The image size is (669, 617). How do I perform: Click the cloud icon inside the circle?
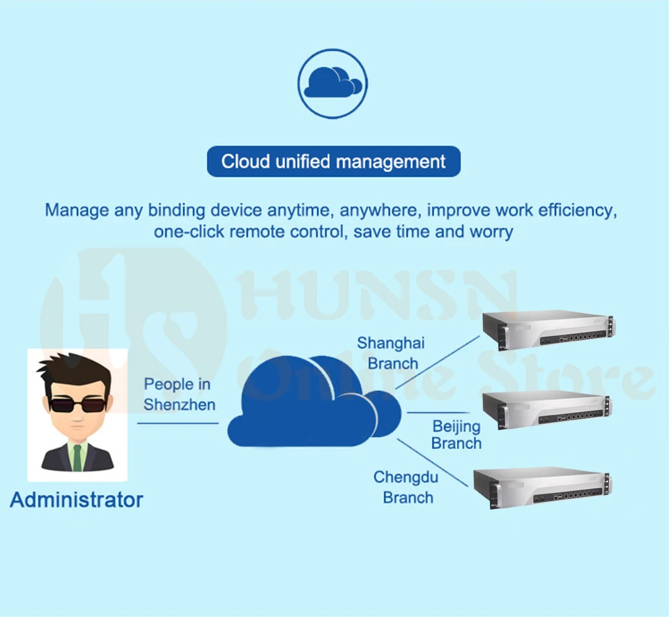[333, 82]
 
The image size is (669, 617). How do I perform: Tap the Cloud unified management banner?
[333, 162]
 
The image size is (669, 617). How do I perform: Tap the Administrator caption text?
[77, 500]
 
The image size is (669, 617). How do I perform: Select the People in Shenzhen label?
[179, 394]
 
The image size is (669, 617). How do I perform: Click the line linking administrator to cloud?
[178, 422]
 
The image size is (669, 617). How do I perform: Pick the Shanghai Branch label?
[392, 353]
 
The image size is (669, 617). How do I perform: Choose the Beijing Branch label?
[456, 434]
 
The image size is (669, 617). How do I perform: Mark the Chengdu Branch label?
[407, 487]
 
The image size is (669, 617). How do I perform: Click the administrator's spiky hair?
[73, 368]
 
